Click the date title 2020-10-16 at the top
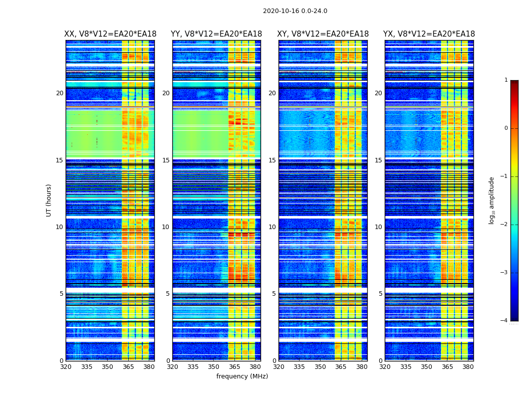pos(295,11)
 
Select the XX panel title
pos(110,34)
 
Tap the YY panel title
pos(216,34)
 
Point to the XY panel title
pos(323,34)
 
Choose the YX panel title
pos(429,34)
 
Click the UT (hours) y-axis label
pos(49,200)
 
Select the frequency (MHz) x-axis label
pos(242,376)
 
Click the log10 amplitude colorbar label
pos(492,200)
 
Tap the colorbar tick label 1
pos(506,80)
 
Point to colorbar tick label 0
pos(506,128)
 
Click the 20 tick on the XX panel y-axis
pos(60,93)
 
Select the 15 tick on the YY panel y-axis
pos(166,160)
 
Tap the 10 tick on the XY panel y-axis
pos(272,227)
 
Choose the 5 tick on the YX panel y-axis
pos(380,294)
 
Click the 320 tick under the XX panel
pos(66,367)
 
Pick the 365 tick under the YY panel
pos(234,367)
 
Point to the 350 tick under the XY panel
pos(320,367)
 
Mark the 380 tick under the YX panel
pos(468,367)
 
